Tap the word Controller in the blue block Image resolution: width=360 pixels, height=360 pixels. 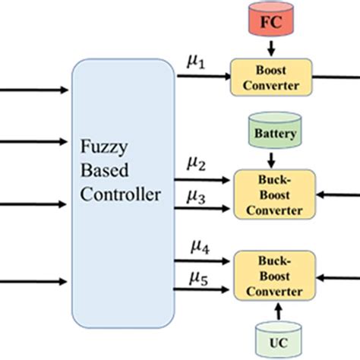pyautogui.click(x=122, y=194)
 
